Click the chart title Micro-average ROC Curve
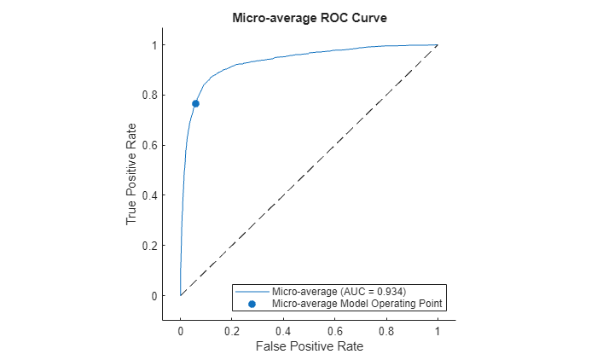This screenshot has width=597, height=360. tap(309, 19)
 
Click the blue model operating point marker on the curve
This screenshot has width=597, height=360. tap(195, 103)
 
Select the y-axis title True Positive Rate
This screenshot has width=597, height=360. tap(132, 171)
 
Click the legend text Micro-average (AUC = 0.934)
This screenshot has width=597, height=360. tap(333, 292)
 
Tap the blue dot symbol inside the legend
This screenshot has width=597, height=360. tap(252, 304)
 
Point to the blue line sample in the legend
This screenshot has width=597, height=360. tap(252, 292)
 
